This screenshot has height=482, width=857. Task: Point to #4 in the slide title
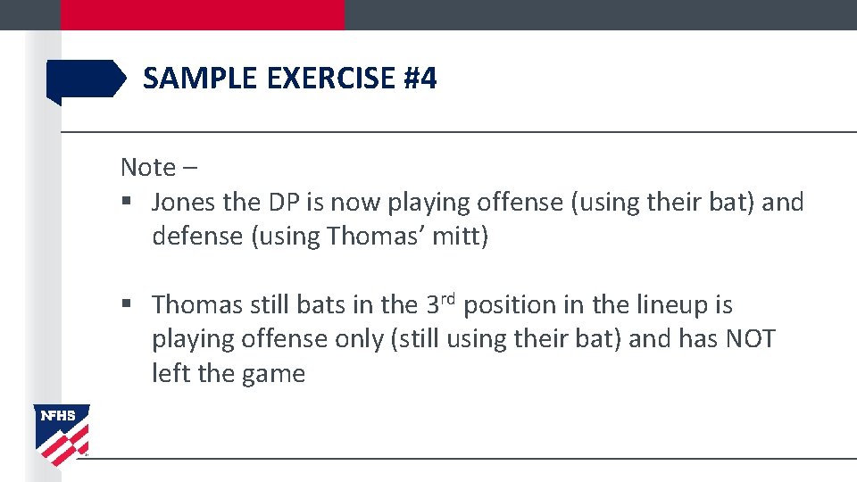pyautogui.click(x=420, y=79)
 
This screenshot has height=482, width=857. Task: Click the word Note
pyautogui.click(x=148, y=167)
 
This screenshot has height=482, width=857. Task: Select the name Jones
pyautogui.click(x=185, y=203)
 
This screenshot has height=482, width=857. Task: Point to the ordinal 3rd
pyautogui.click(x=440, y=304)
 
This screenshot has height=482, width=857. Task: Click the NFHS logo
pyautogui.click(x=62, y=434)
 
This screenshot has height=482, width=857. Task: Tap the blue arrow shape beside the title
pyautogui.click(x=86, y=79)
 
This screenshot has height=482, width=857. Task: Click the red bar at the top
pyautogui.click(x=202, y=14)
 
